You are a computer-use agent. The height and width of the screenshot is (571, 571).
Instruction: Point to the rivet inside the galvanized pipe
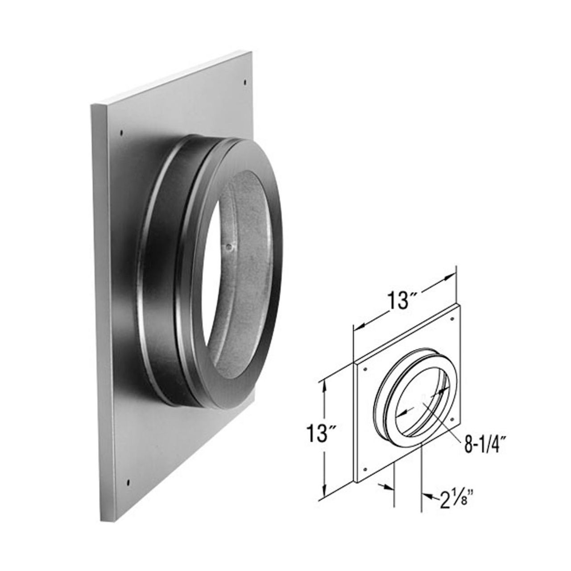228,245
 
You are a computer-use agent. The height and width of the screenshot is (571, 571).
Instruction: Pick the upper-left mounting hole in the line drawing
366,370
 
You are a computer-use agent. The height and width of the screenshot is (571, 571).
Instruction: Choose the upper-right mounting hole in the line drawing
451,319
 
